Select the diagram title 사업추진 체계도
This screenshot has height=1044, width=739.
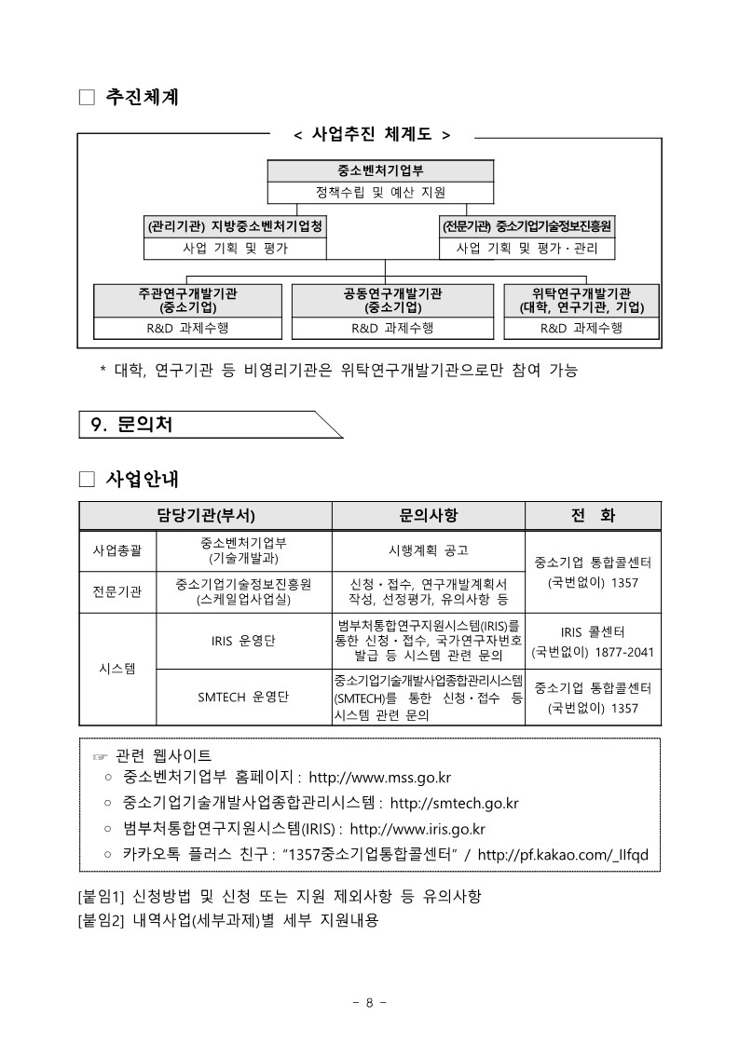coord(372,135)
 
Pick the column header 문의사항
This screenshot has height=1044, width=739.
coord(429,515)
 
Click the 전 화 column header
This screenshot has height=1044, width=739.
coord(593,515)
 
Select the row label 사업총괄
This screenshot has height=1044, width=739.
coord(117,550)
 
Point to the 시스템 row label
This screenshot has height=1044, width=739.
coord(117,669)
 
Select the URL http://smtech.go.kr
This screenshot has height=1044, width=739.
coord(455,803)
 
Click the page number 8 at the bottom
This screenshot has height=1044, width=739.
coord(369,1002)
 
